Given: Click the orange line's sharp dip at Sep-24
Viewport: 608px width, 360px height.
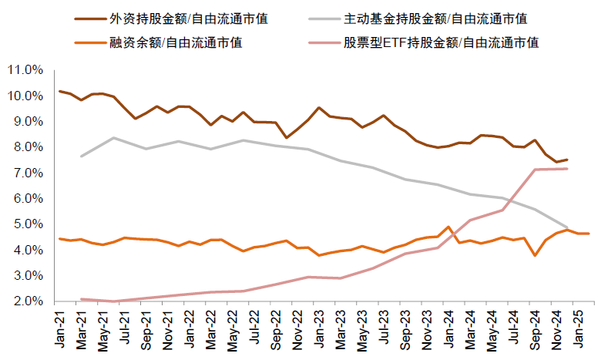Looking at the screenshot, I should [535, 255].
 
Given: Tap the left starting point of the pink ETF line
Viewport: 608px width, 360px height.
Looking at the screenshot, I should [82, 299].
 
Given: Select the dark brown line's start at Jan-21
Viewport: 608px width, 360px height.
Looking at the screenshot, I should [60, 91].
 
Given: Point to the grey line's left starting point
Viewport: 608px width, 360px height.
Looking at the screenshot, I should [82, 156].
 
